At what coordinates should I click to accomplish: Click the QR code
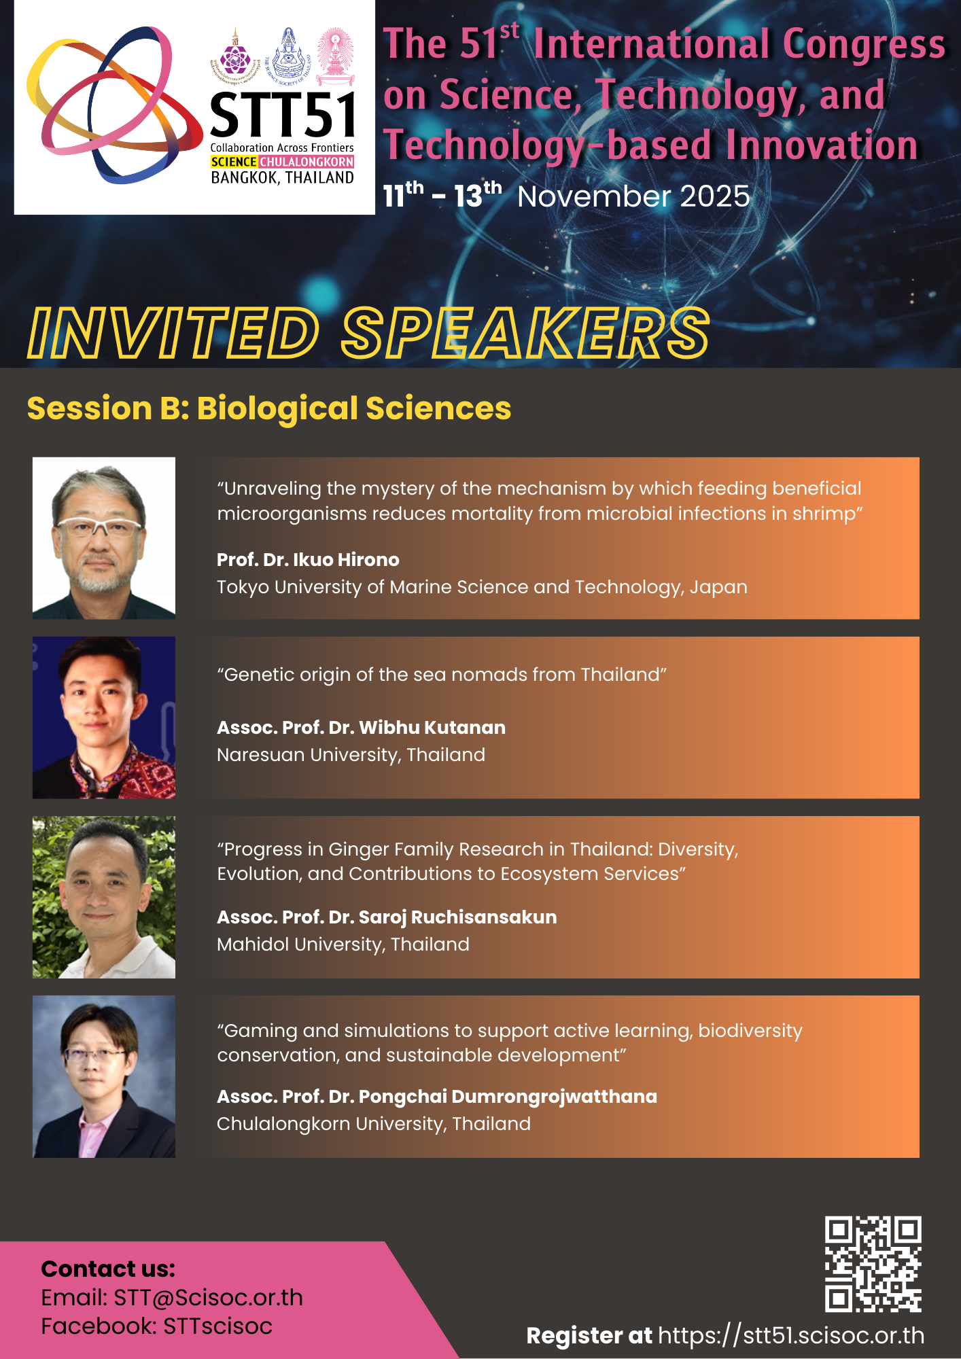pyautogui.click(x=873, y=1264)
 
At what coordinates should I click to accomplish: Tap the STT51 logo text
pyautogui.click(x=282, y=115)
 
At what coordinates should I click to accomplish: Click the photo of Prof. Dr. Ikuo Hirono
pyautogui.click(x=104, y=538)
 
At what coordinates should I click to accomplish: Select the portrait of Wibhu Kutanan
pyautogui.click(x=104, y=718)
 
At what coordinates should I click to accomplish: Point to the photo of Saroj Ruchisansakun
pyautogui.click(x=104, y=897)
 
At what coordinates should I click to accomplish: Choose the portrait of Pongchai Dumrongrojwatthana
pyautogui.click(x=104, y=1076)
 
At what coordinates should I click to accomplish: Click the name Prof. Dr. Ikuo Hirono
pyautogui.click(x=308, y=560)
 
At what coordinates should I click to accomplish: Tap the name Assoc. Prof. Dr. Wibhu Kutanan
pyautogui.click(x=361, y=728)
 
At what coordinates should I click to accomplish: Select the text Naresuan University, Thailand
pyautogui.click(x=351, y=755)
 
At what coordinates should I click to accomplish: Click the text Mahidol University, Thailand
pyautogui.click(x=343, y=945)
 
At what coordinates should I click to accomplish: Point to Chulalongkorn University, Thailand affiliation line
pyautogui.click(x=374, y=1124)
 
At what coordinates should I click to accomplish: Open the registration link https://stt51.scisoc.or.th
pyautogui.click(x=791, y=1336)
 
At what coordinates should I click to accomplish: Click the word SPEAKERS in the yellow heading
pyautogui.click(x=525, y=333)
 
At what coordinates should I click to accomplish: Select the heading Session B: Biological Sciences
pyautogui.click(x=269, y=408)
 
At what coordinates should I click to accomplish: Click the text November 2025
pyautogui.click(x=633, y=197)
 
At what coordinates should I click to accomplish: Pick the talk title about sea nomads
pyautogui.click(x=442, y=675)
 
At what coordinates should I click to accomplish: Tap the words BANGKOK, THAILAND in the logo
pyautogui.click(x=283, y=178)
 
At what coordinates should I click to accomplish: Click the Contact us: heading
pyautogui.click(x=108, y=1269)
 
